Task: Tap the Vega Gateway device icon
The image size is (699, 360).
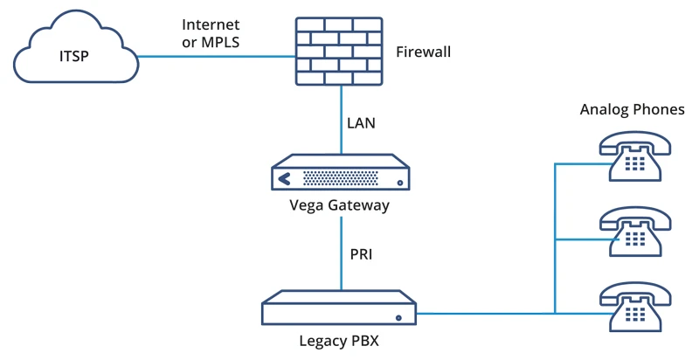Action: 342,175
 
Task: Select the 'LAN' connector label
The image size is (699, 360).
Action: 361,122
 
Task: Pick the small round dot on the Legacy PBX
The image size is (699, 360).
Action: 398,316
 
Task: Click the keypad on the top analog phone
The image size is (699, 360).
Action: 634,163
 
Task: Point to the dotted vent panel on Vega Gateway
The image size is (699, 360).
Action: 341,179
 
